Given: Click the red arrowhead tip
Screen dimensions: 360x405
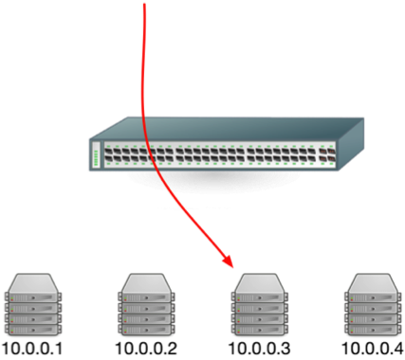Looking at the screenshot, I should [x=231, y=264].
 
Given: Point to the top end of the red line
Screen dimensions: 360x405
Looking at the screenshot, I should [x=145, y=4].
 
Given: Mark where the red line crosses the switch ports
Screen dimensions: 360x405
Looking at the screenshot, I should [x=148, y=155].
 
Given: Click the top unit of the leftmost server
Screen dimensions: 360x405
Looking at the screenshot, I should [x=34, y=283].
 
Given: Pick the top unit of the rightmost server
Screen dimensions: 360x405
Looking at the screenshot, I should [x=370, y=283].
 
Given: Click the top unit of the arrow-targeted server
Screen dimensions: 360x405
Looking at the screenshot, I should [x=259, y=283].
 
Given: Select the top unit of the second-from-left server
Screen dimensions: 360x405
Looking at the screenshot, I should [x=145, y=283].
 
